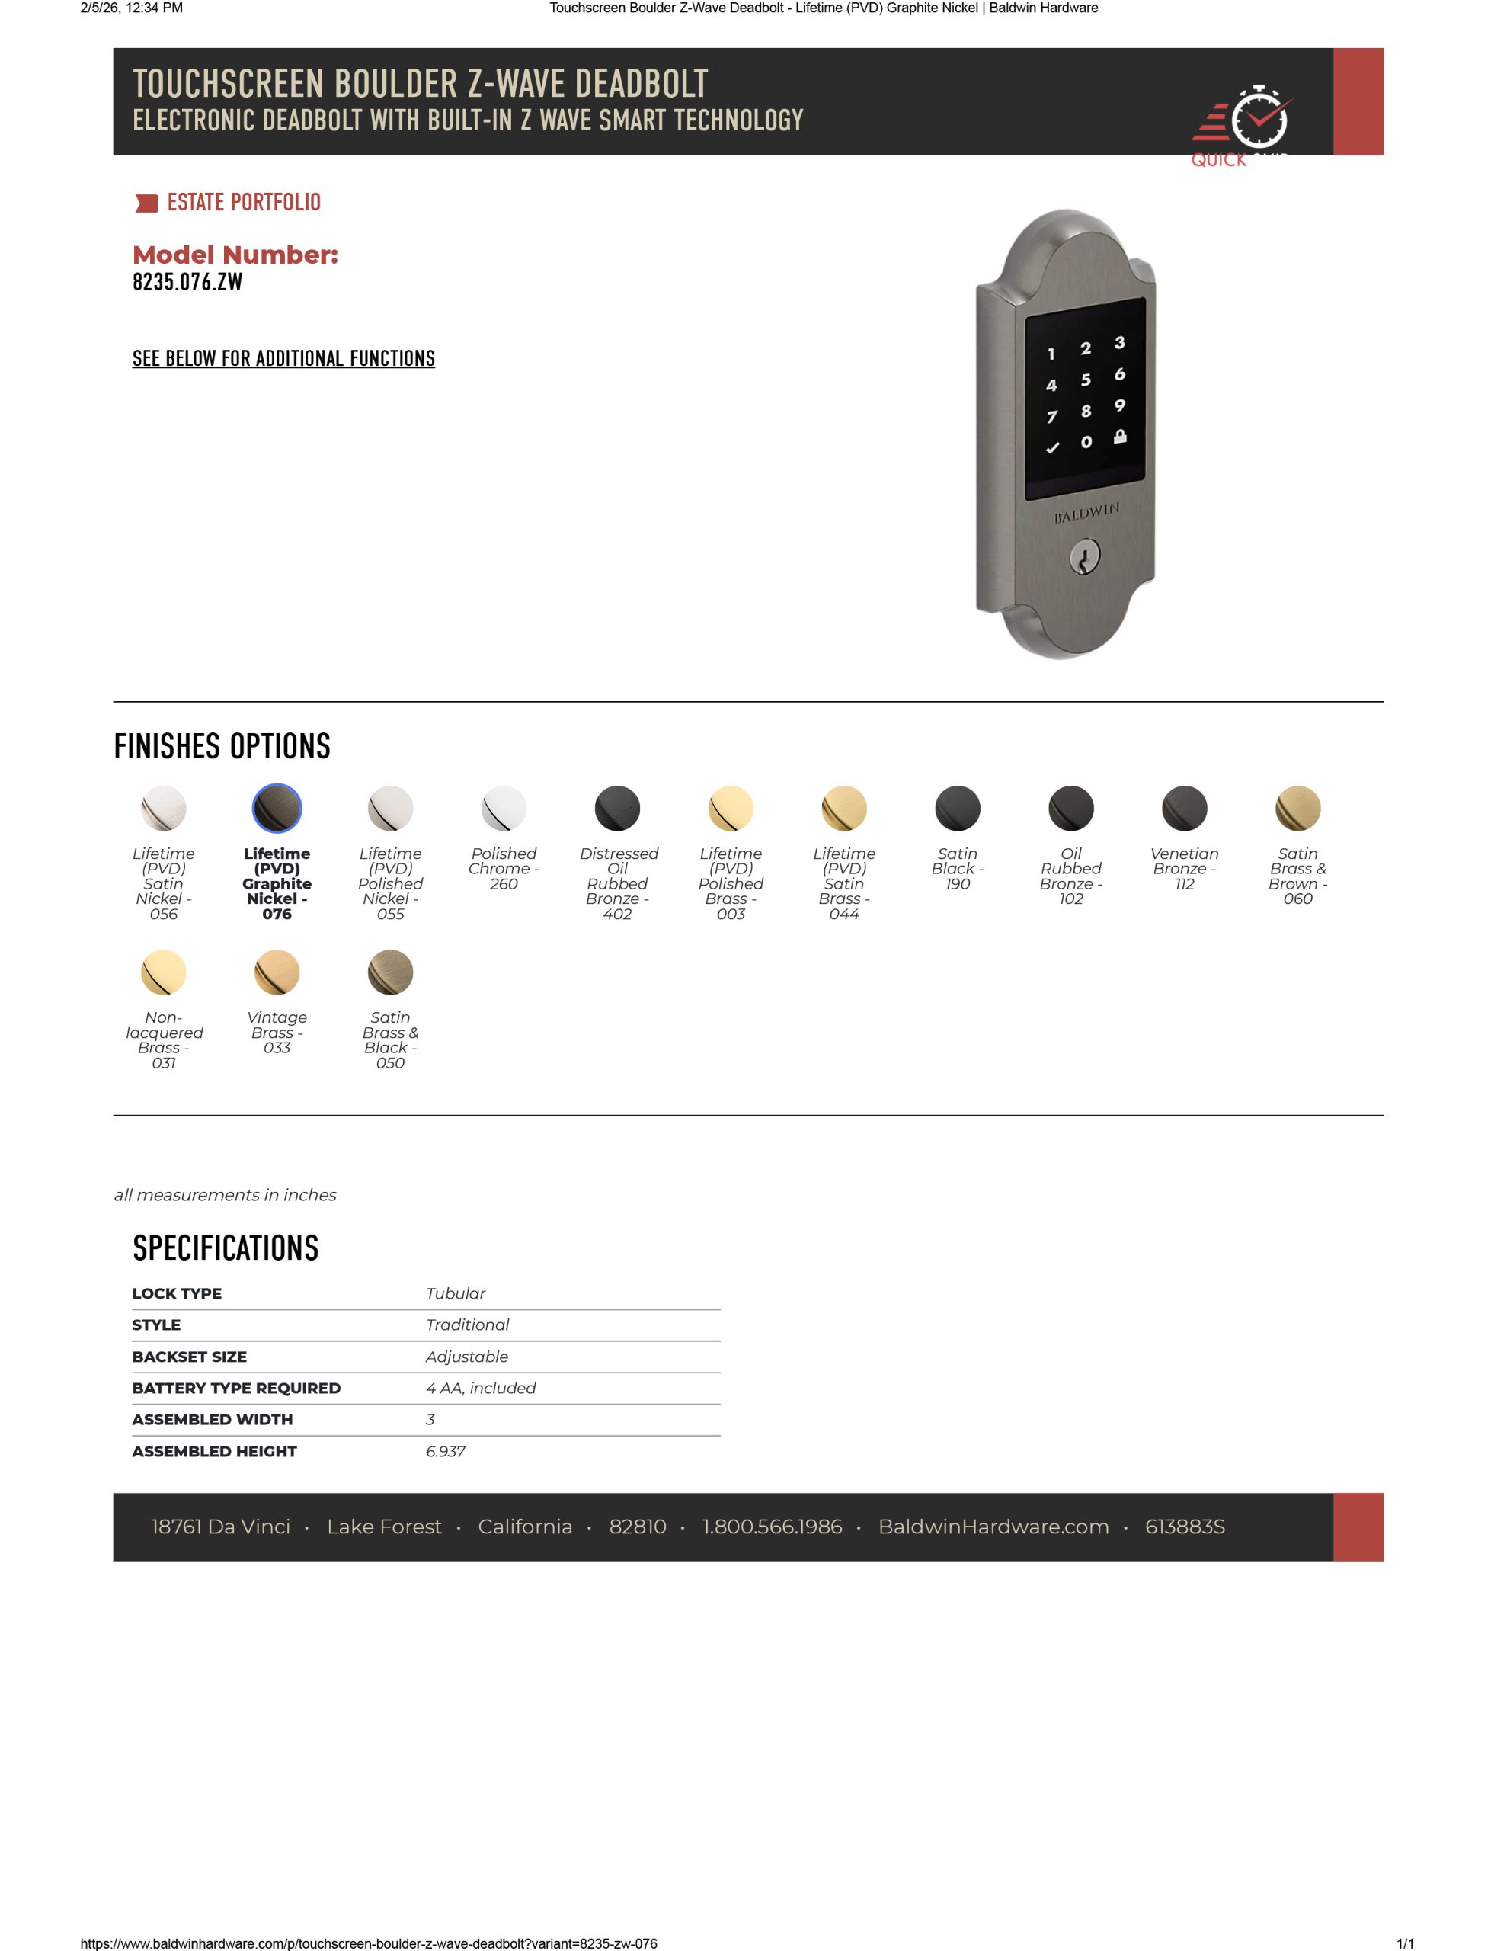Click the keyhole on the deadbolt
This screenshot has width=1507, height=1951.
(1084, 560)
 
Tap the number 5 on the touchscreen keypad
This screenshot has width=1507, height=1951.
(1086, 380)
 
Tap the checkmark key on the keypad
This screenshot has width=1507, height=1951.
(1052, 447)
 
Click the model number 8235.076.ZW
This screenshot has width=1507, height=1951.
(187, 282)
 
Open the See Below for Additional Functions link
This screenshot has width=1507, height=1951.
(283, 358)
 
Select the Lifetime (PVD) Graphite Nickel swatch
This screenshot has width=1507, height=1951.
(277, 809)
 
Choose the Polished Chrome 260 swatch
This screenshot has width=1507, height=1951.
(504, 809)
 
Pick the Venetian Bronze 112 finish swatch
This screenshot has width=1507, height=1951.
(1185, 809)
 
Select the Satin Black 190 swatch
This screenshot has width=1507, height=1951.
(958, 809)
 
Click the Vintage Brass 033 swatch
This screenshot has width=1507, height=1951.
(277, 972)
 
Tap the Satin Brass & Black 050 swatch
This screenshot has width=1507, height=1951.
(390, 972)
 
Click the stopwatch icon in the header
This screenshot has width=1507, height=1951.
(1259, 117)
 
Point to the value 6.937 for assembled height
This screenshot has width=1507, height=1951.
(446, 1452)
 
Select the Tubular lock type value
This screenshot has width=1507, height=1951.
(456, 1293)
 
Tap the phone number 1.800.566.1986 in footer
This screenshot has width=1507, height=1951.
(772, 1527)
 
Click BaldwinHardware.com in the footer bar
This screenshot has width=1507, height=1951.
(993, 1527)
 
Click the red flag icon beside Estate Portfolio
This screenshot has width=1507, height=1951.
(146, 203)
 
